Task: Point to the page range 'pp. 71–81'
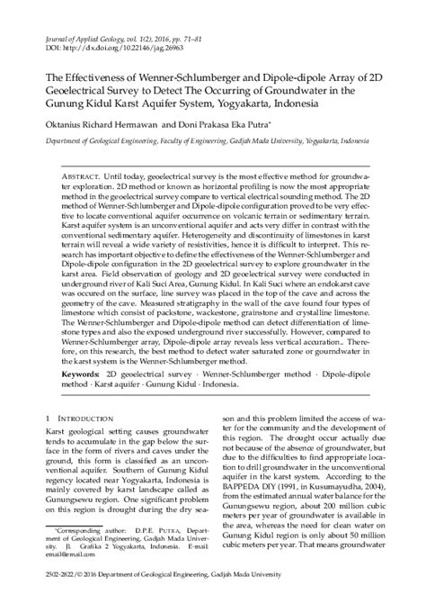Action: click(x=209, y=35)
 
